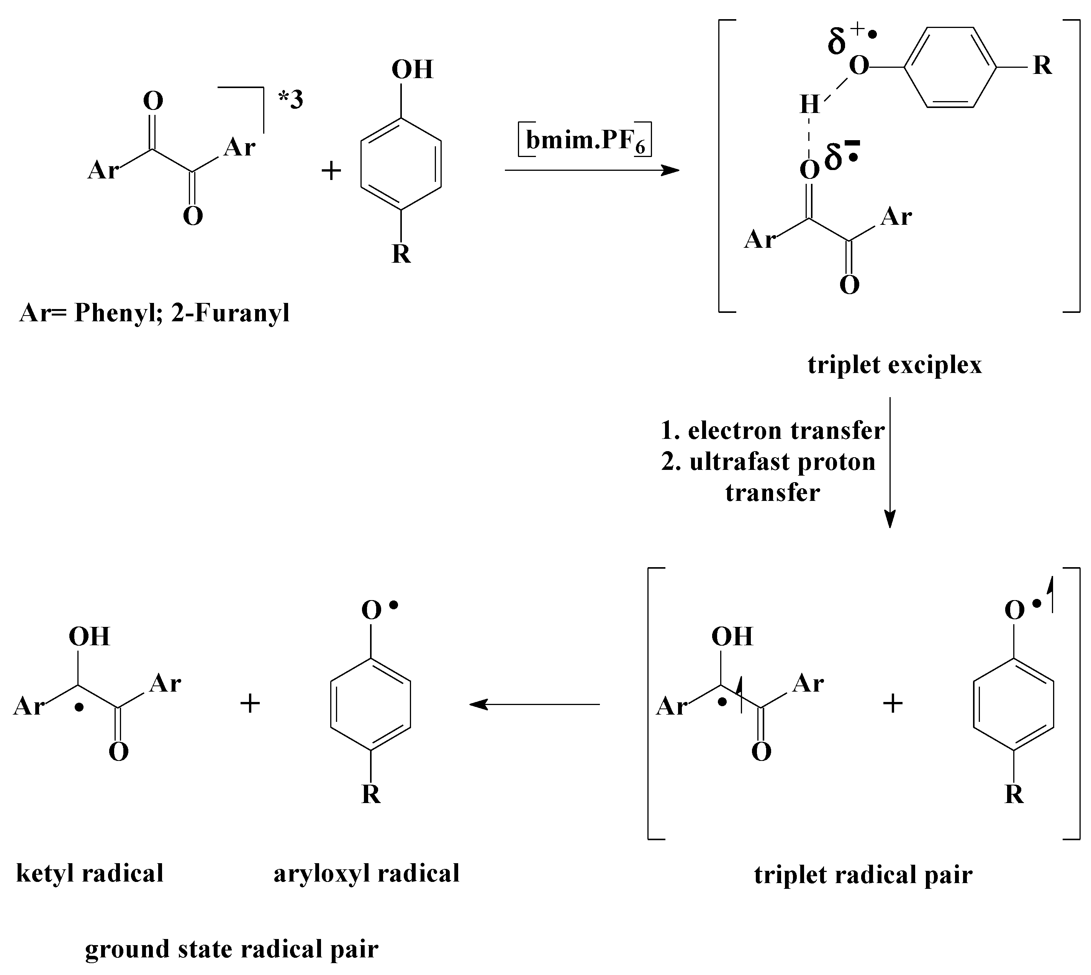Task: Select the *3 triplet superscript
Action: pyautogui.click(x=290, y=100)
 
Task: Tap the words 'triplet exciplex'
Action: pyautogui.click(x=894, y=365)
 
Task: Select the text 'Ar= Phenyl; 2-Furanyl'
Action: pyautogui.click(x=154, y=313)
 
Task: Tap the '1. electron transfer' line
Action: pyautogui.click(x=772, y=431)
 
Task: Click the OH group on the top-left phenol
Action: pyautogui.click(x=412, y=70)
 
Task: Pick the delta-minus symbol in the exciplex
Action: pyautogui.click(x=837, y=156)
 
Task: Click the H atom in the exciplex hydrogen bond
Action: pyautogui.click(x=810, y=105)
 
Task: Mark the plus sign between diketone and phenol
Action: pyautogui.click(x=331, y=172)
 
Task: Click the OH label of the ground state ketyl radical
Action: pyautogui.click(x=90, y=636)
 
